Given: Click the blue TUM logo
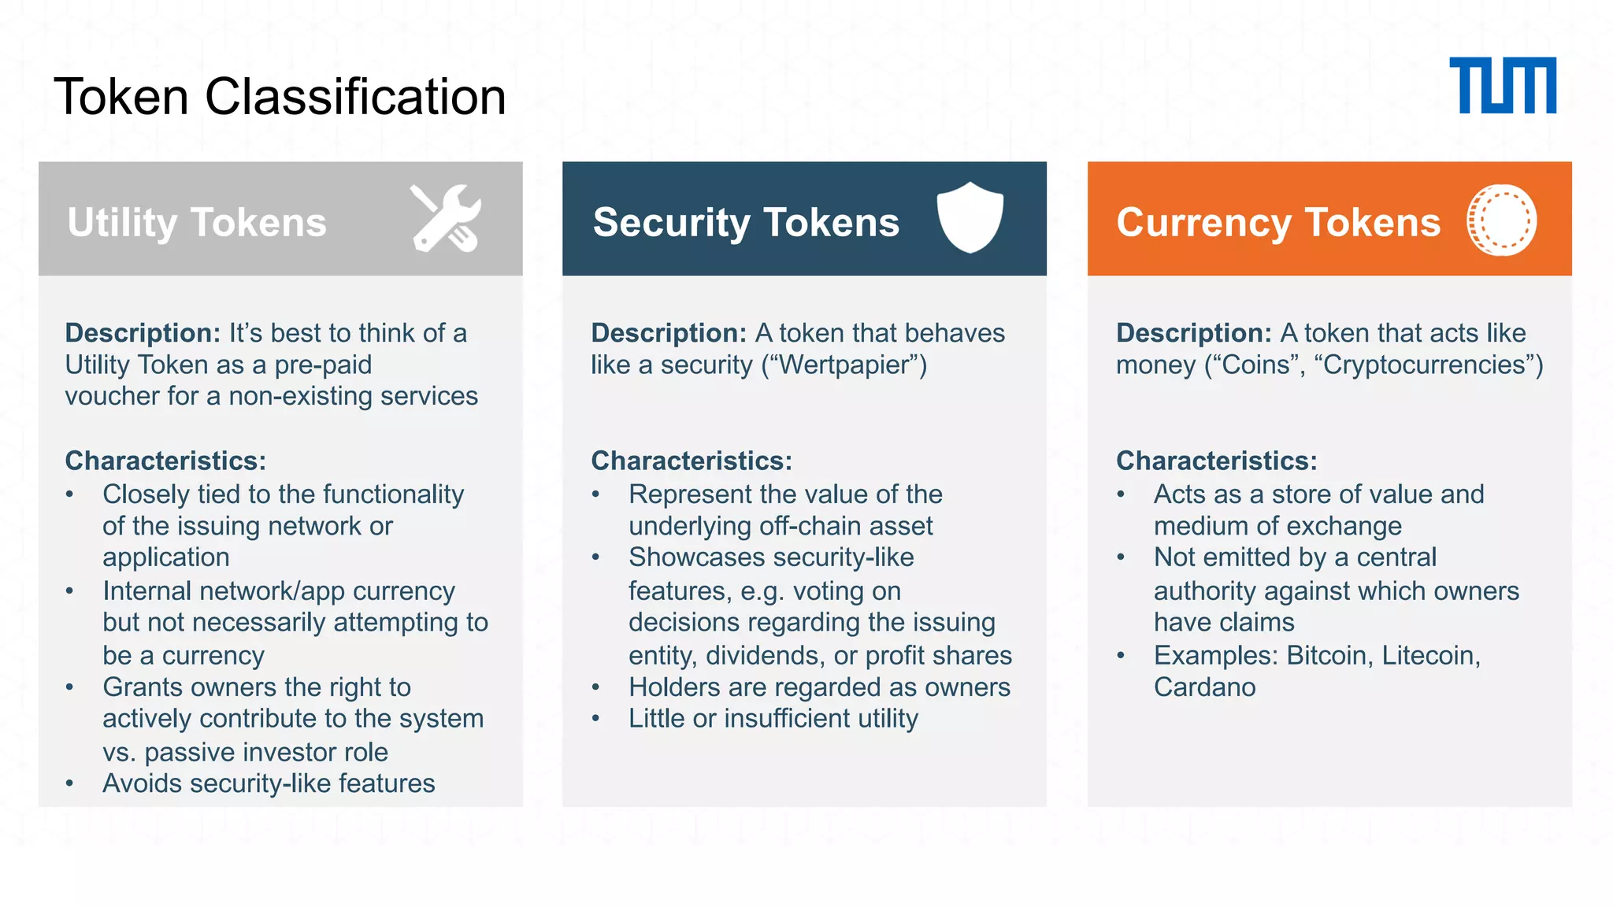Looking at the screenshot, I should pos(1502,85).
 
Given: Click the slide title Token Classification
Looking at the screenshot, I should pos(280,97).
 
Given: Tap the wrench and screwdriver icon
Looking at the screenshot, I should pos(446,218).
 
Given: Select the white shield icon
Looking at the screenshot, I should pos(970,217).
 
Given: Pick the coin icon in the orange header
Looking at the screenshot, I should pos(1501,220).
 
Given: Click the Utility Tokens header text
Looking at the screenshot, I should pos(197,222).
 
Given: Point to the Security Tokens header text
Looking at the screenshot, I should pos(746,222).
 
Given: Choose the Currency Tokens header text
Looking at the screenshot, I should pos(1278,222).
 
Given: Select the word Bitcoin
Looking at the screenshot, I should pos(1329,655).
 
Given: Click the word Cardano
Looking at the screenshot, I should pos(1204,687).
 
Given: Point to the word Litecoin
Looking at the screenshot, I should pos(1430,655).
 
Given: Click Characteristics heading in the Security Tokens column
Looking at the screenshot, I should pos(692,461).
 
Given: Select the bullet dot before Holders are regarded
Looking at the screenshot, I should pos(596,687).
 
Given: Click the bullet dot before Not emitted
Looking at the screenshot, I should pos(1122,557).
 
